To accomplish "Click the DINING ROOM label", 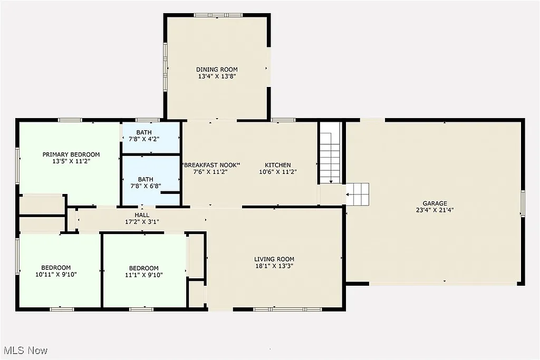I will (x=217, y=70).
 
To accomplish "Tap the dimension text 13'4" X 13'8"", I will (x=217, y=76).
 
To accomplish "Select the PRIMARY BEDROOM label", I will (x=71, y=154).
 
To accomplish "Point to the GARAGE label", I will (x=435, y=203).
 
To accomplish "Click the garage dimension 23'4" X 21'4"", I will (x=435, y=210).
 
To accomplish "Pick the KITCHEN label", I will (x=278, y=165).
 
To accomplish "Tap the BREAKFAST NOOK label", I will (x=211, y=165).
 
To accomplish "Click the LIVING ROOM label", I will (x=274, y=259).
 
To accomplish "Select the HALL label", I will (x=142, y=215).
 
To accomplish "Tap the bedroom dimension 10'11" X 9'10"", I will (x=56, y=274).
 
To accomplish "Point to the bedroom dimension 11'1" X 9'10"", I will (x=143, y=274).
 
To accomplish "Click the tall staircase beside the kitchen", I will (x=331, y=153).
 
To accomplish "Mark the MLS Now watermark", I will (x=25, y=350).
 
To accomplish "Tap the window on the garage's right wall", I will (x=523, y=203).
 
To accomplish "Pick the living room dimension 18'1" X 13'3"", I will (x=274, y=266).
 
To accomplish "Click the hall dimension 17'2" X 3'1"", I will (x=142, y=222).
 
